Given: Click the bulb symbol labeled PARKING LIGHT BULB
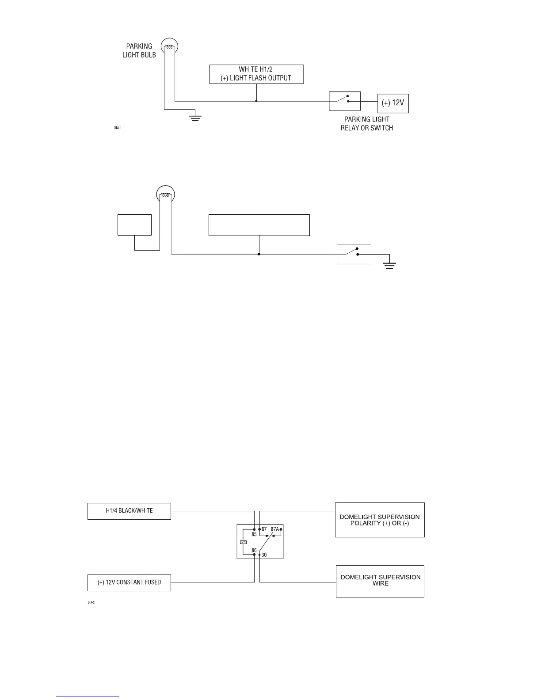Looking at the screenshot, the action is coord(169,46).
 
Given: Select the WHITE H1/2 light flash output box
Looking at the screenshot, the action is coord(256,74).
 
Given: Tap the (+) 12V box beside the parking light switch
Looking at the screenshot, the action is coord(393,103).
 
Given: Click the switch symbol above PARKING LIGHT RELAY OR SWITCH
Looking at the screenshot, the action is coord(345,101).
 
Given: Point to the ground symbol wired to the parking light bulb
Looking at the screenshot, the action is coord(195,118).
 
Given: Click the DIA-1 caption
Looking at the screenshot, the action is coord(118,128).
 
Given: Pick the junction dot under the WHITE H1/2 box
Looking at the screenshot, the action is coord(256,101).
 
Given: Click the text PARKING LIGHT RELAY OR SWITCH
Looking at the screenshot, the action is coord(367,124).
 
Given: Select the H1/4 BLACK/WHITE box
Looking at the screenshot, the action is coord(129,511).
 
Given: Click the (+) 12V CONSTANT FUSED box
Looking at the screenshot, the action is coord(129,582).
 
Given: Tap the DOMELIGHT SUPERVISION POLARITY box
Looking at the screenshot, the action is coord(380,520).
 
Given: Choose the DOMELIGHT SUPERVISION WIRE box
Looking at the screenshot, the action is coord(380,581).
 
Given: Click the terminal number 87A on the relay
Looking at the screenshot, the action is coord(274,529).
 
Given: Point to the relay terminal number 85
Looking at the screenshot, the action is coord(254,534).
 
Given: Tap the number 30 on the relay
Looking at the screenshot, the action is coord(264,555).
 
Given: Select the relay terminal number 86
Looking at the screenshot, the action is coord(254,550).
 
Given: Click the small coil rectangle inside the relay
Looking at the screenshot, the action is coord(243,542).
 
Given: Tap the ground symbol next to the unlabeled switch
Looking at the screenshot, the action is coord(389,266).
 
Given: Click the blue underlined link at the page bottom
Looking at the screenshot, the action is coord(88,696).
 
